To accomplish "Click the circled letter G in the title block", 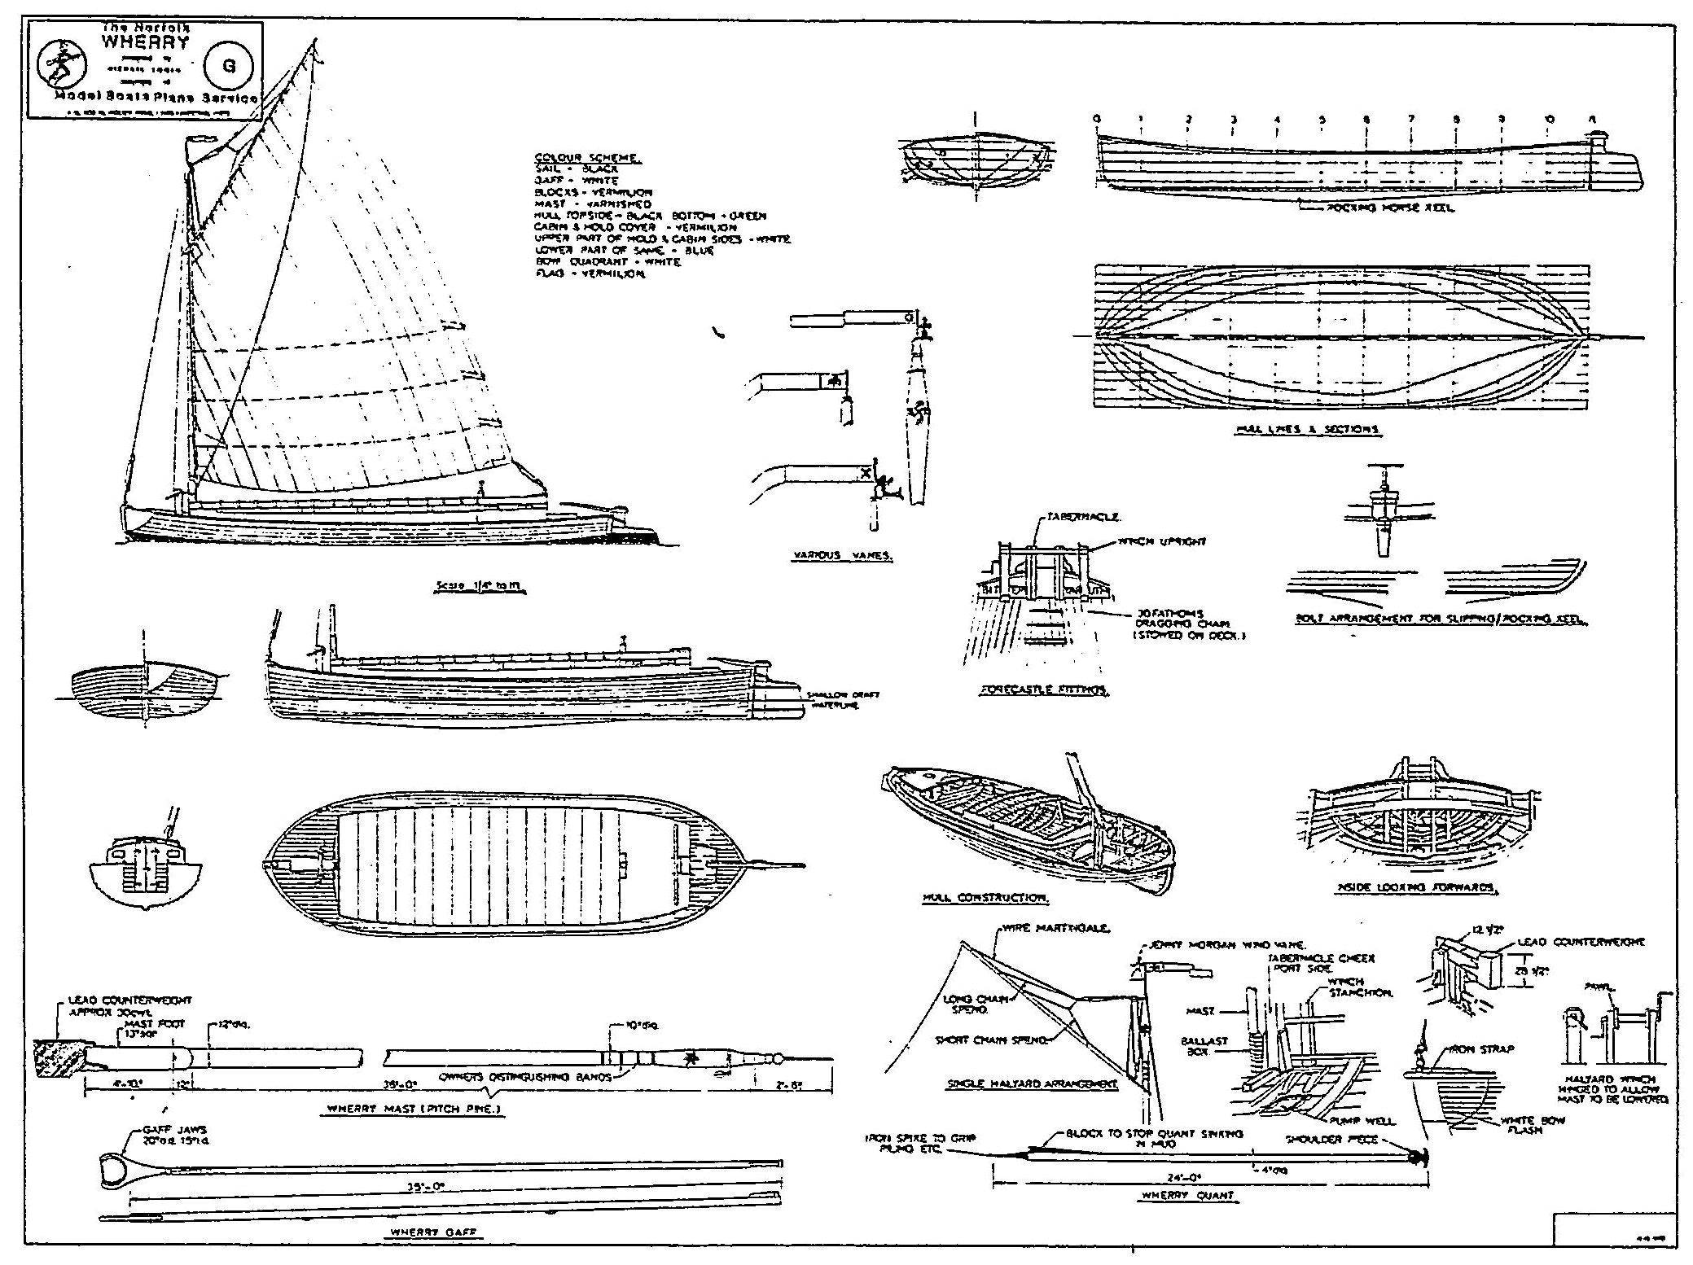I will coord(229,68).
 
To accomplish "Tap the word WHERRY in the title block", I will coord(144,42).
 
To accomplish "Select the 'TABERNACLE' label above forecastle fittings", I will coord(1073,517).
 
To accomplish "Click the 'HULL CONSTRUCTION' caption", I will coord(985,898).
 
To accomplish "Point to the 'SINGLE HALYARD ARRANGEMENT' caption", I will coord(1033,1084).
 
